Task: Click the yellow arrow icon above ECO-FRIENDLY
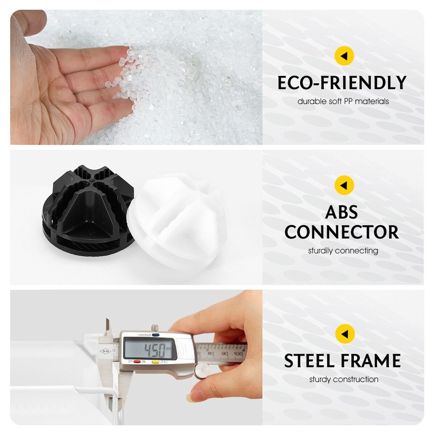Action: [x=344, y=56]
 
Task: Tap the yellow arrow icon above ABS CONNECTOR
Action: [x=344, y=185]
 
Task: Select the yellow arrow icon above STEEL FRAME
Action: [x=345, y=333]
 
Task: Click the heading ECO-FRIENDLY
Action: [x=342, y=83]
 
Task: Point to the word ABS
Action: [x=341, y=212]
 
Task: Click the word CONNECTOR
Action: [x=342, y=232]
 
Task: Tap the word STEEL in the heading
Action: [x=309, y=361]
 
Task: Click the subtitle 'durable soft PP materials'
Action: [x=343, y=101]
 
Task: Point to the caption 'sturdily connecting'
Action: [x=343, y=251]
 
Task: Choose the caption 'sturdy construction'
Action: [x=344, y=379]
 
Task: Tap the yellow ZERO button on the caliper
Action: [x=156, y=362]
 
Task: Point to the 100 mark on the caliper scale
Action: [x=238, y=354]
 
